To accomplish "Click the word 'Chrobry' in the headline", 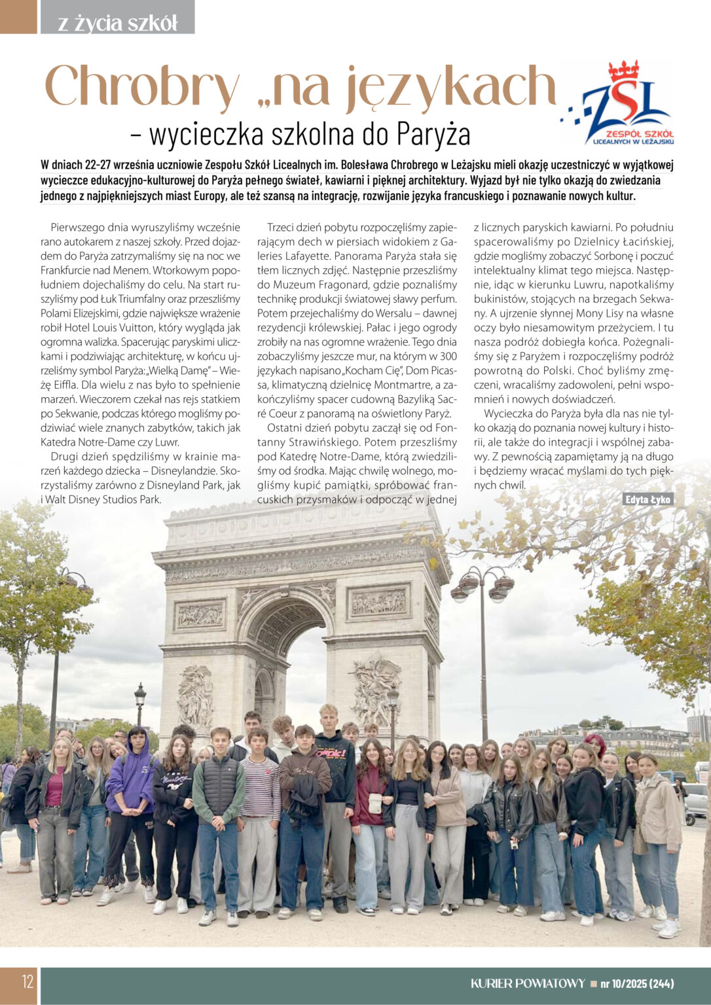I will coord(141,88).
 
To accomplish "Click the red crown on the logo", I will coord(623,70).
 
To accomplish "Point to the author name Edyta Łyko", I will coord(647,499).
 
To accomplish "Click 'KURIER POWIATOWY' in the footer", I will coord(528,983).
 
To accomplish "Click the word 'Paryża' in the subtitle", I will coord(433,133).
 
